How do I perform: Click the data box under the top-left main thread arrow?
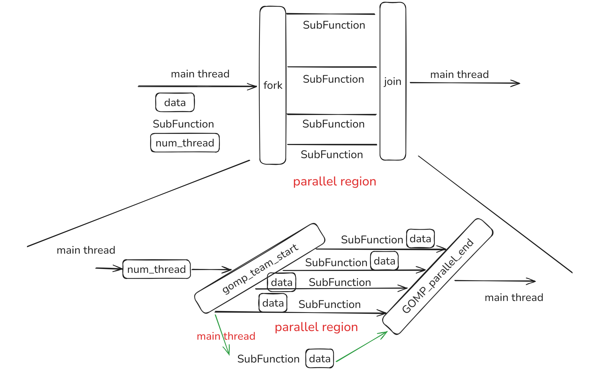175,102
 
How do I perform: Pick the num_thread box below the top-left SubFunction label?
185,143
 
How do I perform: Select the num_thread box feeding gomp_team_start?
156,269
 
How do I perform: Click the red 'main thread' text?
226,336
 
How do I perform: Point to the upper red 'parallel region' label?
334,182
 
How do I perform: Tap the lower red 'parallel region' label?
316,327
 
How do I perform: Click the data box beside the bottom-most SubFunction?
320,359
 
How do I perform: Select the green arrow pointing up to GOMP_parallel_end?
361,347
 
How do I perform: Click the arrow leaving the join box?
464,83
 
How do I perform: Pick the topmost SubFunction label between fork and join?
334,25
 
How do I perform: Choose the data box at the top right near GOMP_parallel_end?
420,239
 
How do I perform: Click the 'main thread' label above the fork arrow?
200,74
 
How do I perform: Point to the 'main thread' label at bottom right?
514,298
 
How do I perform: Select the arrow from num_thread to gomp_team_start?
211,270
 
